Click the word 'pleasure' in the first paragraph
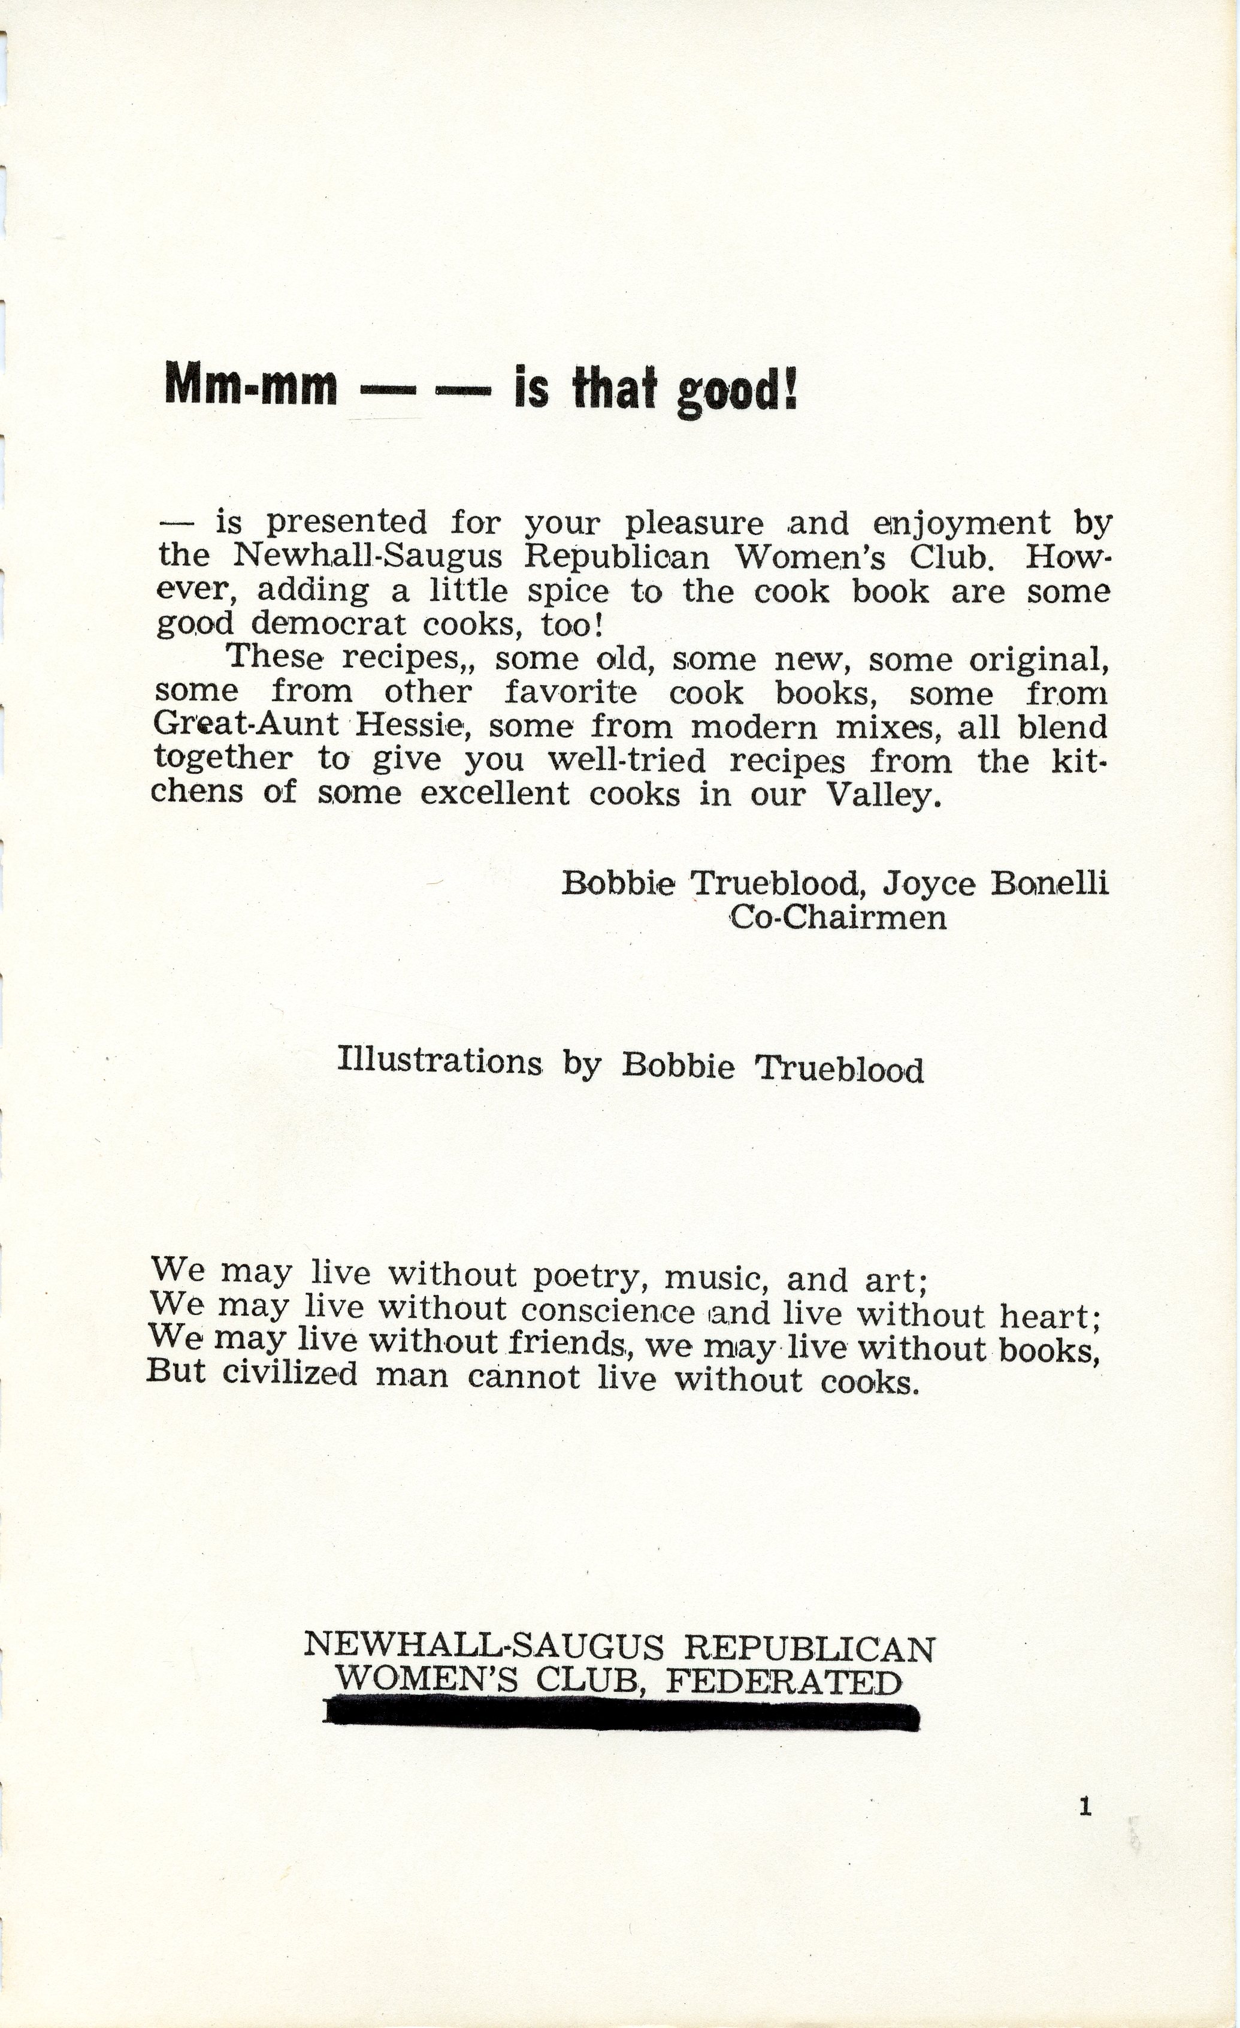(x=694, y=523)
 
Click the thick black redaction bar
(x=621, y=1715)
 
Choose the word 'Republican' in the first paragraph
(x=616, y=557)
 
